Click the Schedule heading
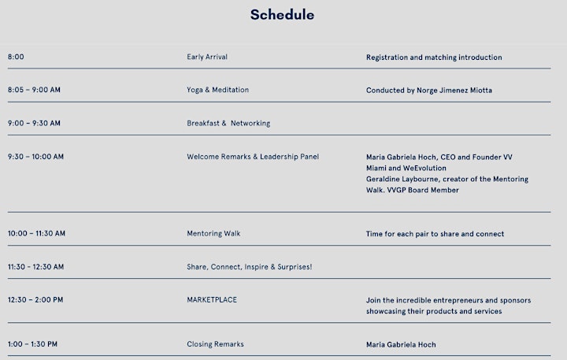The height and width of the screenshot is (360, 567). point(282,15)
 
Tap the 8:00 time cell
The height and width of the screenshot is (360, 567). point(16,57)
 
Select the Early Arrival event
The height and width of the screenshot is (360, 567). point(207,57)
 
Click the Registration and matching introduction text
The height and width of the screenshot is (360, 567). point(434,58)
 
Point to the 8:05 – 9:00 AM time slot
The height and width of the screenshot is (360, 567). point(34,90)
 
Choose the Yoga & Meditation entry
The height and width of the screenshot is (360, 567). point(217,90)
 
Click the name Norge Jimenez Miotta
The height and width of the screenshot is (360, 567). point(454,90)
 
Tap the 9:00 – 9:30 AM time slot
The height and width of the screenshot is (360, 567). point(34,123)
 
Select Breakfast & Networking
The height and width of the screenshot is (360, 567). point(228,123)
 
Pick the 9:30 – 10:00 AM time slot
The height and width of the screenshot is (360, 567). point(35,157)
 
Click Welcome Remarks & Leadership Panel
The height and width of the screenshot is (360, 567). point(253,157)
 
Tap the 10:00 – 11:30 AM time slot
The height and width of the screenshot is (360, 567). point(36,233)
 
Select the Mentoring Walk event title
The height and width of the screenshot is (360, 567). point(213,233)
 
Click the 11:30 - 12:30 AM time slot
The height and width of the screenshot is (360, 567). point(35,267)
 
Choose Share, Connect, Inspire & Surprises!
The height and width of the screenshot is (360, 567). point(249,267)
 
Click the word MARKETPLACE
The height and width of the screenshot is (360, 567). point(212,299)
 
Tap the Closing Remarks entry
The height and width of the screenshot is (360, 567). point(215,344)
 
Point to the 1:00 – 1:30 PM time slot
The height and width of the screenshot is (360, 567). point(32,344)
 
